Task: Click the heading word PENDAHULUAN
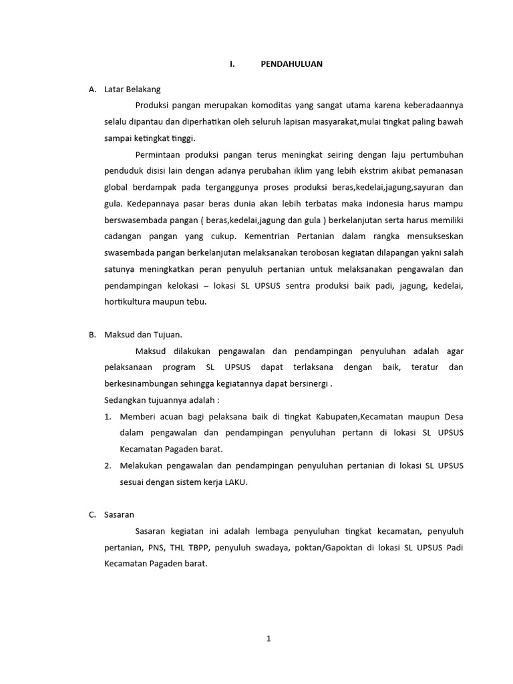pyautogui.click(x=291, y=63)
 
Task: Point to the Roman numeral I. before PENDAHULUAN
pyautogui.click(x=232, y=63)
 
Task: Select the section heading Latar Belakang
pyautogui.click(x=132, y=89)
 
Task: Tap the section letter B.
pyautogui.click(x=92, y=335)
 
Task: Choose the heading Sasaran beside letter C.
pyautogui.click(x=120, y=514)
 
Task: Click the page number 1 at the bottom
pyautogui.click(x=269, y=639)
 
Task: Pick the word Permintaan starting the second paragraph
pyautogui.click(x=159, y=154)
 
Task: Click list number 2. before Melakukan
pyautogui.click(x=108, y=466)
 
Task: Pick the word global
pyautogui.click(x=117, y=187)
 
